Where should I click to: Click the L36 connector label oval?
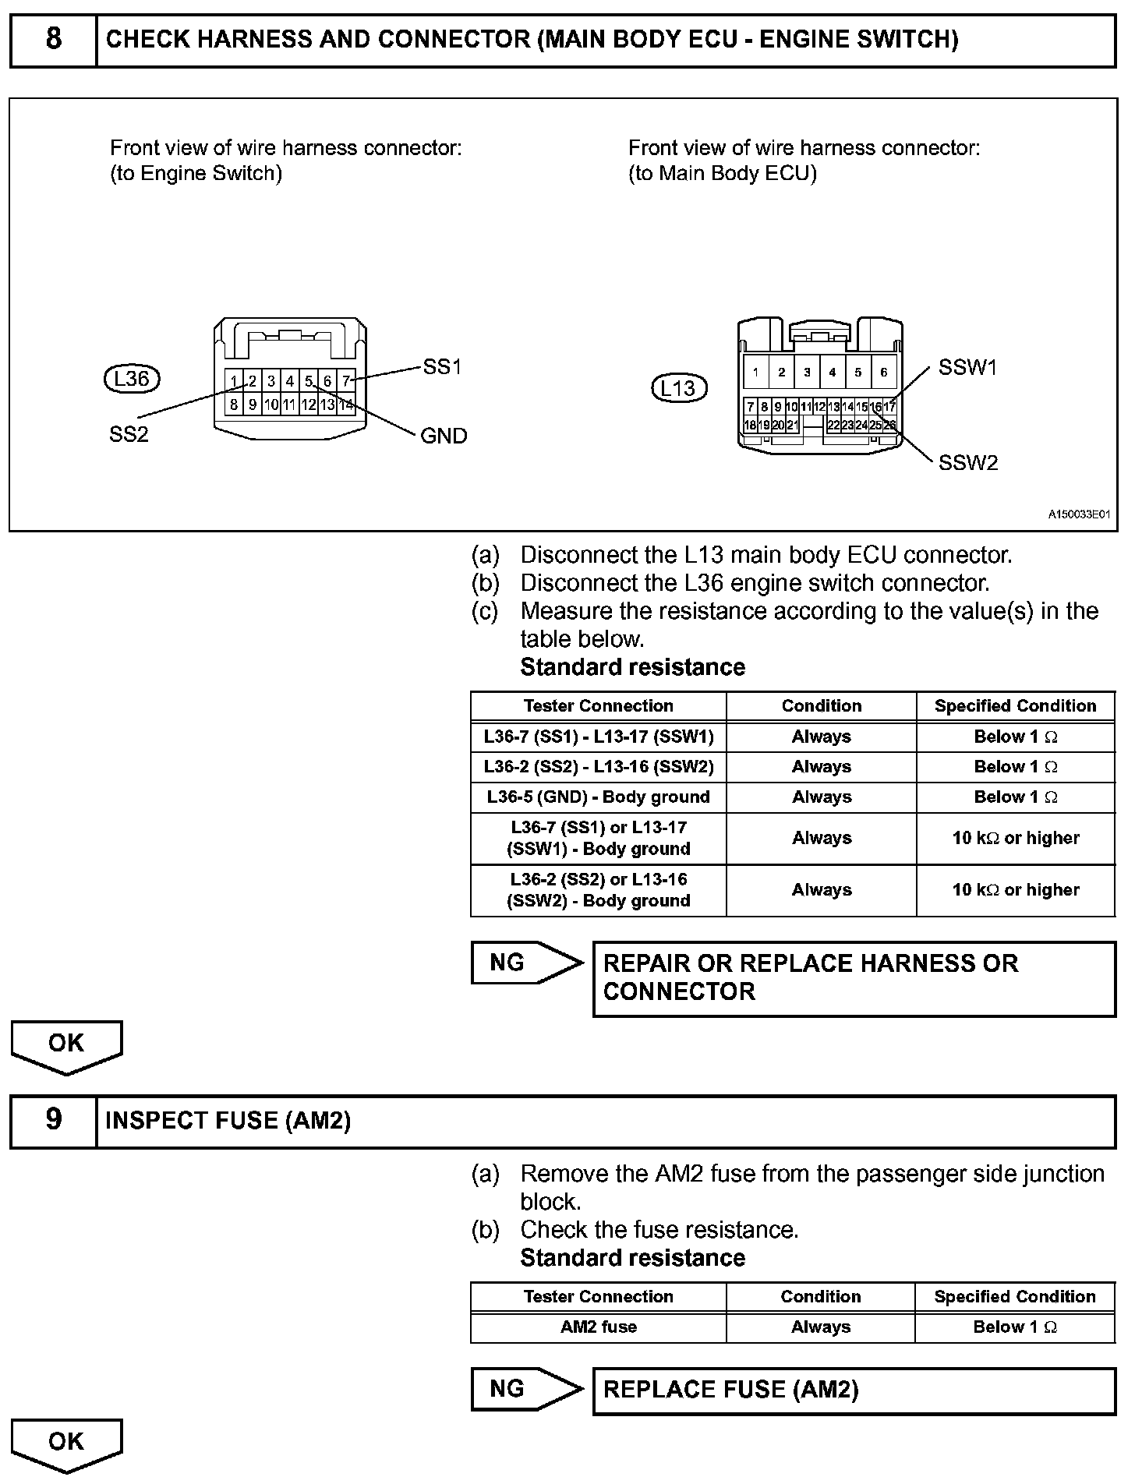pos(131,379)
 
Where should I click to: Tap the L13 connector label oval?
pos(678,388)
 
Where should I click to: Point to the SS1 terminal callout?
pos(442,366)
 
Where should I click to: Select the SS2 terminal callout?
pos(129,435)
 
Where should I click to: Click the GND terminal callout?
pos(444,436)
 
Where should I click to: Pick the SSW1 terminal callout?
pos(967,368)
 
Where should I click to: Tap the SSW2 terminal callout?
pos(967,463)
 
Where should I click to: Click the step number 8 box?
pos(53,40)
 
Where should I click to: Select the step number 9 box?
pos(53,1120)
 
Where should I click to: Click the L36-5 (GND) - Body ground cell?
pos(598,797)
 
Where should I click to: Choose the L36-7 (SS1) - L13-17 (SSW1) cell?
pos(598,737)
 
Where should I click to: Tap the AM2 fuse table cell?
pos(598,1327)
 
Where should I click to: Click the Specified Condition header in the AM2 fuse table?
pos(1014,1297)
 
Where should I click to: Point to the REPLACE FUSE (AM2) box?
pos(854,1390)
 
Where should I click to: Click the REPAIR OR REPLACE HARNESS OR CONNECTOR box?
pos(854,978)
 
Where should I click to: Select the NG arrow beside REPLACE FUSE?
pos(526,1389)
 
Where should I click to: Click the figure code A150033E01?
pos(1078,515)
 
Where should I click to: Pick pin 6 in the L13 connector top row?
pos(883,373)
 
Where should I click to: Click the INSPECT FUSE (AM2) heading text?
pos(228,1121)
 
